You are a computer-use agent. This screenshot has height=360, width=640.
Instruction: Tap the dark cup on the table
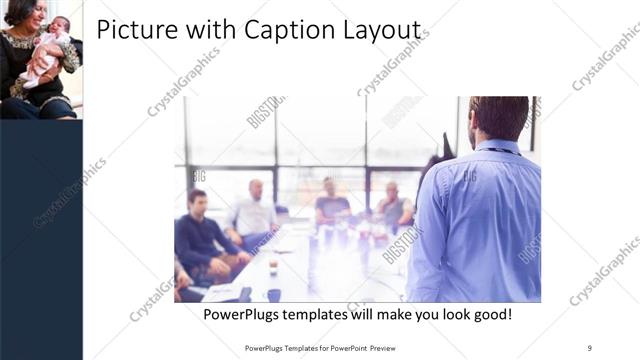point(273,295)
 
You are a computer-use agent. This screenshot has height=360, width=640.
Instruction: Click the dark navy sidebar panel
point(41,240)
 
